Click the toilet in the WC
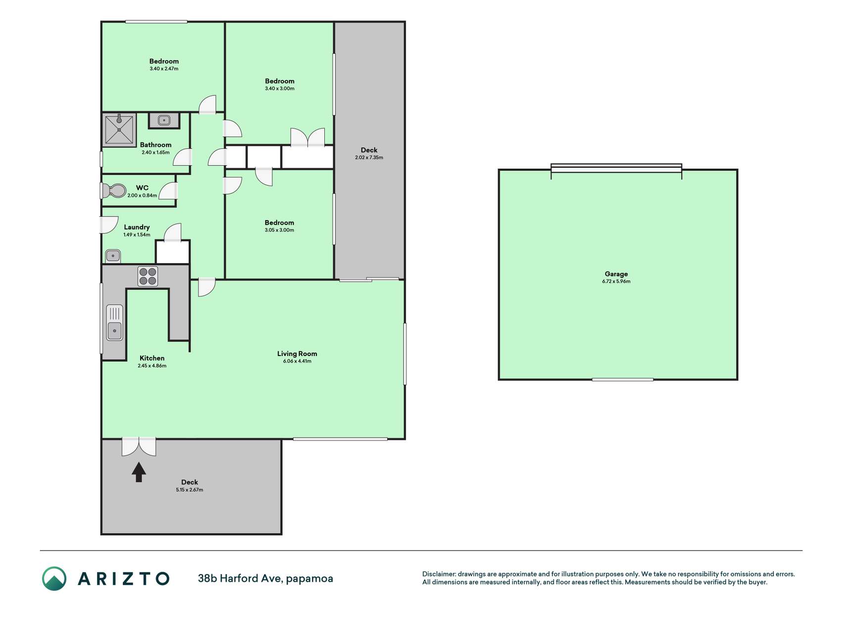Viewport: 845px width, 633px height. (113, 190)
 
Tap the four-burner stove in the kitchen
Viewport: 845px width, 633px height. (148, 276)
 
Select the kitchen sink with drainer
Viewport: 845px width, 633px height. (114, 322)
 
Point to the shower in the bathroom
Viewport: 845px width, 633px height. (119, 130)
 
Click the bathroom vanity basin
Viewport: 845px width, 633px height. (164, 120)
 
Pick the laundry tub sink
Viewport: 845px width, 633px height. (113, 256)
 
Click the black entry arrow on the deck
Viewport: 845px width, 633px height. (139, 472)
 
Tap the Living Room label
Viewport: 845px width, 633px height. (297, 354)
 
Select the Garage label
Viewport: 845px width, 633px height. (616, 274)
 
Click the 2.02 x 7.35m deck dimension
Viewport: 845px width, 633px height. (369, 158)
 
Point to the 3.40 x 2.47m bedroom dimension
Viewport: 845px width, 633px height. (164, 69)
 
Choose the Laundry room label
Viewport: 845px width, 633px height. (137, 227)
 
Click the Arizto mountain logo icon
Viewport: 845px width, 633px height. (54, 579)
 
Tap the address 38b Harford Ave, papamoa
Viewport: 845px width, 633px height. (265, 579)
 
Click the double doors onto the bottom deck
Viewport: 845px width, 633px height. (139, 447)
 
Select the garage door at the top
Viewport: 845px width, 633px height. (616, 169)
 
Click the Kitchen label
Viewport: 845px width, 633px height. (152, 358)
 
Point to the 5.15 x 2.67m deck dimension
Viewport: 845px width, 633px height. (190, 490)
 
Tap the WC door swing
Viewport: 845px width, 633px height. (169, 190)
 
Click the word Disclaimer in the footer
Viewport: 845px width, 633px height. (439, 574)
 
